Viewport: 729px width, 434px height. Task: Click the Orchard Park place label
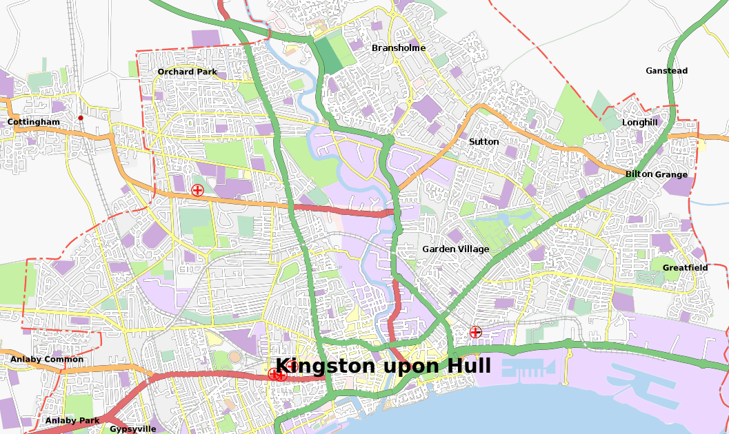coord(187,72)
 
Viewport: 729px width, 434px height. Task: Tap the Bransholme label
coord(399,48)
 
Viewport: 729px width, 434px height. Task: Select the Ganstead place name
coord(666,70)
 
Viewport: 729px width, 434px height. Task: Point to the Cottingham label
coord(33,122)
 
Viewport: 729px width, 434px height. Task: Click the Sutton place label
coord(483,141)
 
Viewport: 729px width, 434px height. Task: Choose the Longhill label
coord(639,122)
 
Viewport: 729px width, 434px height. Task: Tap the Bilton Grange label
coord(656,174)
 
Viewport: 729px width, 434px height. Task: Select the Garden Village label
coord(455,249)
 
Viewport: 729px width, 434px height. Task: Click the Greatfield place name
coord(685,267)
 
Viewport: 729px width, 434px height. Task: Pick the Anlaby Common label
coord(46,359)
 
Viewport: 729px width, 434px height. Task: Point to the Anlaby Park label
coord(72,420)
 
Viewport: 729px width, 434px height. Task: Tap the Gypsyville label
coord(132,428)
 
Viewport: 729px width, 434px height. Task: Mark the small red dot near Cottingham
coord(81,118)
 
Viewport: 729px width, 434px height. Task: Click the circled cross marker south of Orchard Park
coord(197,190)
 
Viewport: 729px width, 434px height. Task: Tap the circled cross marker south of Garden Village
coord(475,332)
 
